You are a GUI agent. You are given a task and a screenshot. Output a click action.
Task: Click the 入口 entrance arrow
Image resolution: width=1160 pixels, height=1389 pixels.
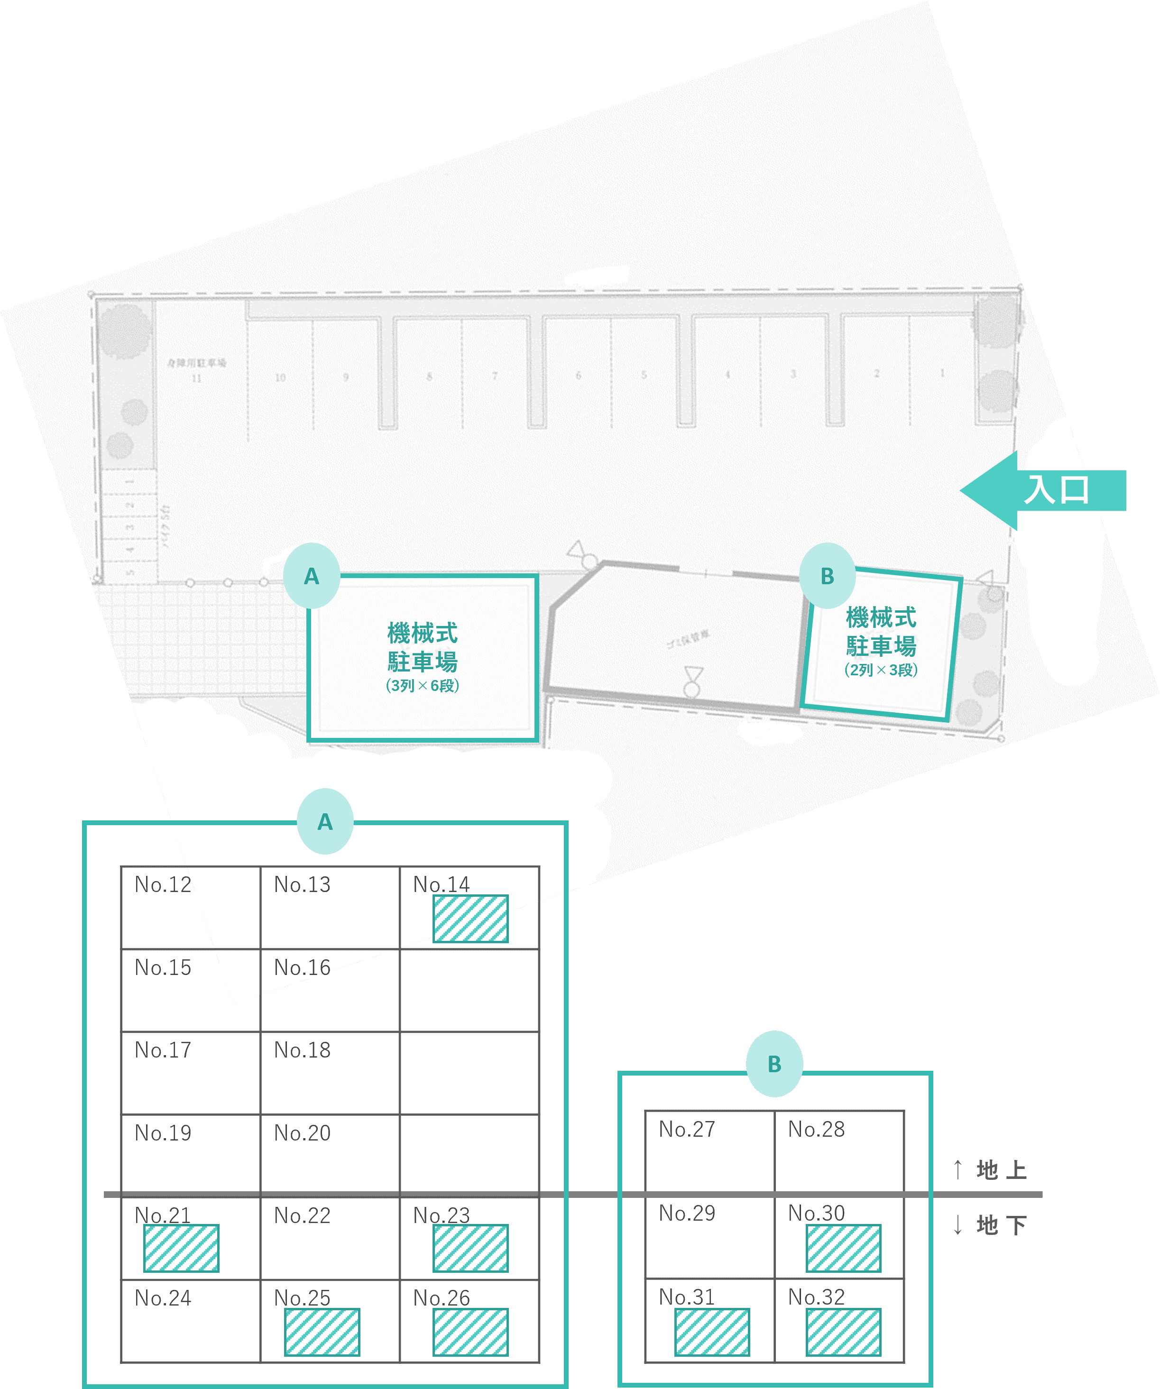[1045, 490]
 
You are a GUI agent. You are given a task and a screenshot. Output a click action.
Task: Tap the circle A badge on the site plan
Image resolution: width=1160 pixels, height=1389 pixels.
[312, 576]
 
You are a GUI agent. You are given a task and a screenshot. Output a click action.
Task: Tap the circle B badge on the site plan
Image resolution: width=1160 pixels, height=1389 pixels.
[828, 576]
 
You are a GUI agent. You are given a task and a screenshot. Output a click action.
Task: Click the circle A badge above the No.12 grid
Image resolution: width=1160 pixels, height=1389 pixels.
[325, 821]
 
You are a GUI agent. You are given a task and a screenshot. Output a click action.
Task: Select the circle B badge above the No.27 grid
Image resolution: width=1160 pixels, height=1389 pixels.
[774, 1064]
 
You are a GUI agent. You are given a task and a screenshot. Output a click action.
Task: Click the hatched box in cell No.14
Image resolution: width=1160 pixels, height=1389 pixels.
[470, 919]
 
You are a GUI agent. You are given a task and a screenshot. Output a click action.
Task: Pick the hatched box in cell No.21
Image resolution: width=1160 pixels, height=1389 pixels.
[181, 1249]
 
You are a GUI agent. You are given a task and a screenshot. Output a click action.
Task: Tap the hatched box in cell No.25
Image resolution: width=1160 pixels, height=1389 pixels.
[322, 1332]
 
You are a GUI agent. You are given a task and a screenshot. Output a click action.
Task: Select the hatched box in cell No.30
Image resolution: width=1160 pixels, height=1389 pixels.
[843, 1249]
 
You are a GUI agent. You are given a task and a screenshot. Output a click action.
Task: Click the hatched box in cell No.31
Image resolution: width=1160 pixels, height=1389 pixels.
[712, 1332]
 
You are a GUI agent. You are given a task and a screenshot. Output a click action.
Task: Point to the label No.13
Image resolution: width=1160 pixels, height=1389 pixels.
[302, 885]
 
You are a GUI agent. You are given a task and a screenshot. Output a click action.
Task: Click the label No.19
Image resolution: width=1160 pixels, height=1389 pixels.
[163, 1133]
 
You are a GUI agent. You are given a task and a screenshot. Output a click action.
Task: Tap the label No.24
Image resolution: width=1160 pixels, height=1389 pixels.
[163, 1298]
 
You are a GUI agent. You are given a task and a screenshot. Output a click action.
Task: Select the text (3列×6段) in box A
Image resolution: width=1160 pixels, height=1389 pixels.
[422, 686]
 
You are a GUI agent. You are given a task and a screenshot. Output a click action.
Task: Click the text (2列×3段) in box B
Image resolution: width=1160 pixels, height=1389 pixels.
[880, 670]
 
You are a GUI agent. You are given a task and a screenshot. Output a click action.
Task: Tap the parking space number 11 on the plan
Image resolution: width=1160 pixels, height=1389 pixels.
[196, 378]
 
